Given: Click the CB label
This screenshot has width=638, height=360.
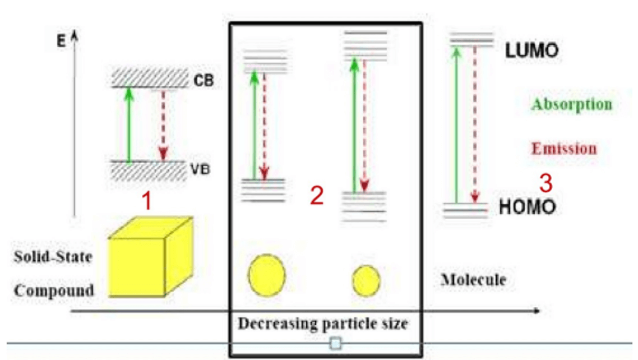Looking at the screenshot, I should pos(204,81).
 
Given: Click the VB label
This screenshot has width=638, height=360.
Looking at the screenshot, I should pos(200,168).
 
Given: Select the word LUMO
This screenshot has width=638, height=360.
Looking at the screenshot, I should pos(531,51).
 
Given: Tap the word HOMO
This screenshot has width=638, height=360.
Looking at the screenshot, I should pos(527,207).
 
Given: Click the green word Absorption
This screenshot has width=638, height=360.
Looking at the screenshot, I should pos(571,105).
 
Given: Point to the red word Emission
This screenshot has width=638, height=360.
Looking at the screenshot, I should pos(564,149).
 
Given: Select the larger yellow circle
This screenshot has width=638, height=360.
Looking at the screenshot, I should pos(267,275).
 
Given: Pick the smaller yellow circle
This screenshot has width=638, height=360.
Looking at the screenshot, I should pos(366,280).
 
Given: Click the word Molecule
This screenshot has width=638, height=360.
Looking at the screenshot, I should pos(473,279).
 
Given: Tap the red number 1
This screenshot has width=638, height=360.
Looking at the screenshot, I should pos(146,201).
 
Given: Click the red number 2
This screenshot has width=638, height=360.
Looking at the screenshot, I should pos(317,196).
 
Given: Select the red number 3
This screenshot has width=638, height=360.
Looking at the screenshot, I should pos(545,183).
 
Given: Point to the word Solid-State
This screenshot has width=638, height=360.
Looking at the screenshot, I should pos(54,257).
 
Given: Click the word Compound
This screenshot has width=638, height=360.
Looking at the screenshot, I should pos(54,291).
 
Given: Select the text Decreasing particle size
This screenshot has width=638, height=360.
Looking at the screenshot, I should pos(323,324).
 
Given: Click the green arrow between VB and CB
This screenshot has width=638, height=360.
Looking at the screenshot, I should pos(129,124).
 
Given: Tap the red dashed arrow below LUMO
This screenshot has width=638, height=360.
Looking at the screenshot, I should pos(474,123).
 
